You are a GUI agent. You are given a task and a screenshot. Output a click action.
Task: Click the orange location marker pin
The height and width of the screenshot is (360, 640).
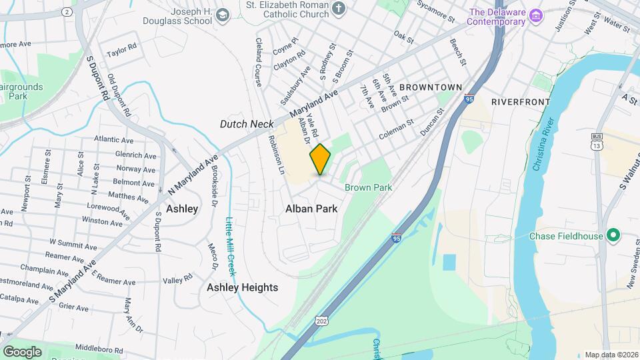click(321, 159)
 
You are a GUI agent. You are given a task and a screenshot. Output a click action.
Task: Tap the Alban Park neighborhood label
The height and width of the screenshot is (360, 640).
click(311, 209)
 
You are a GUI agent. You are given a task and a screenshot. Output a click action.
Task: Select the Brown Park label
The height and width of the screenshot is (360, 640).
click(368, 188)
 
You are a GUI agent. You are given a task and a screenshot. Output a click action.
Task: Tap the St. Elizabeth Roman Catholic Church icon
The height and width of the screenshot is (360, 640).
click(339, 9)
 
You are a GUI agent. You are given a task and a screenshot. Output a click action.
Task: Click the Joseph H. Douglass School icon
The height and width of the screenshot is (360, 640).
click(223, 15)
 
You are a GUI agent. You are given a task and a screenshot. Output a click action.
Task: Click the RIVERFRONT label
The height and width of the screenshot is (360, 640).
click(520, 102)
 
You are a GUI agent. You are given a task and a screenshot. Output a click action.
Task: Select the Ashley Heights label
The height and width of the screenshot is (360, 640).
click(242, 287)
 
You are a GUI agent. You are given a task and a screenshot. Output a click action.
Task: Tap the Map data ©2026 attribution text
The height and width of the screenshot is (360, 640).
click(610, 355)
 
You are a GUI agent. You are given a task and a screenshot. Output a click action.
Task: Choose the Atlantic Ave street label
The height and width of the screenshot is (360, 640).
click(114, 140)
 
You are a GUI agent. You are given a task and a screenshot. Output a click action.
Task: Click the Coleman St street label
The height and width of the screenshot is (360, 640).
click(397, 127)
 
